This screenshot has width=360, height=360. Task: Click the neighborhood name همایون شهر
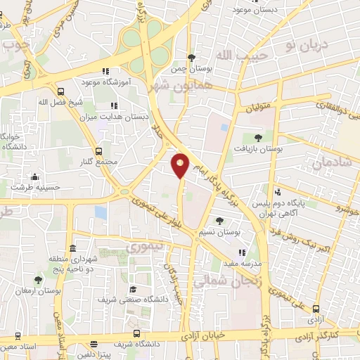tap(170, 85)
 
